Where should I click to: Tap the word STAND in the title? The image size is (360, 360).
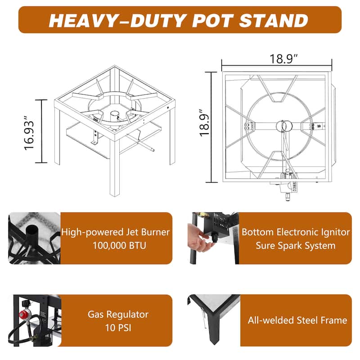coord(274,20)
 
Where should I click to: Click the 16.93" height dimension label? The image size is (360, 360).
coord(29,133)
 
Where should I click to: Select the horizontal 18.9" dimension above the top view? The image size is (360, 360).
coord(283,59)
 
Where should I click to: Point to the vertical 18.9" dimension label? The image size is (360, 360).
coord(205,123)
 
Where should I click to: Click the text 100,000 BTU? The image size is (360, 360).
coord(119,245)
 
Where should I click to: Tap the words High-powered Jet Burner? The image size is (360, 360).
coord(115,232)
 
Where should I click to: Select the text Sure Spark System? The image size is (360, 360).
coord(296,246)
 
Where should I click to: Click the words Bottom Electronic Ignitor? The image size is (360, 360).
coord(296,232)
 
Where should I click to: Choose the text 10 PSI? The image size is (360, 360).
coord(118,328)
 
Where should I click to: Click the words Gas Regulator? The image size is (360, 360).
coord(118,314)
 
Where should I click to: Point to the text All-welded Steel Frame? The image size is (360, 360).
coord(297,320)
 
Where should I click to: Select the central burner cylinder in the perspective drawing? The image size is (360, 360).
coord(114,117)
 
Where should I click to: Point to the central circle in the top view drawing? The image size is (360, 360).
coord(284,126)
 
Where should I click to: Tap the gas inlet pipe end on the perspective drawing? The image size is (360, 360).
coord(152,150)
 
